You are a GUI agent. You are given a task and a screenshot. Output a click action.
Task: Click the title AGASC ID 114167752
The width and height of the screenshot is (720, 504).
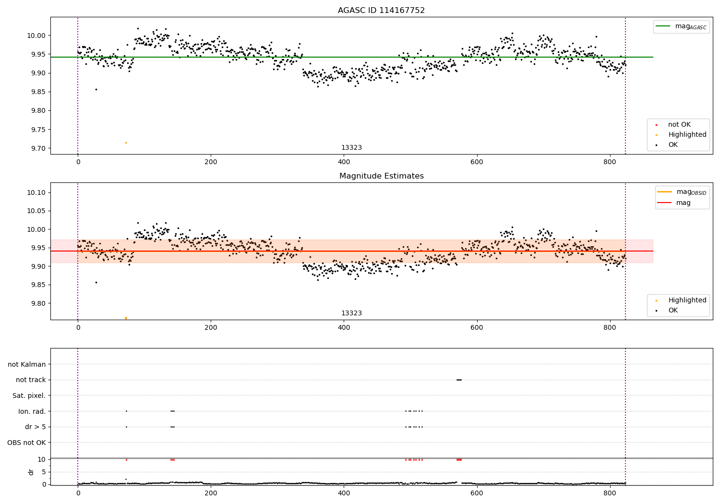coord(381,11)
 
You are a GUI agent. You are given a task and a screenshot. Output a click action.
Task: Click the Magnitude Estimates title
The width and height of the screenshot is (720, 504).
coord(381,176)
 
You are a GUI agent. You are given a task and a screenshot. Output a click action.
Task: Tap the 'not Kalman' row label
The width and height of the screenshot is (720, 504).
coord(27,364)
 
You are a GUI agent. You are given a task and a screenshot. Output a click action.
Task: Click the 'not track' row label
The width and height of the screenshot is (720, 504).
coord(31,380)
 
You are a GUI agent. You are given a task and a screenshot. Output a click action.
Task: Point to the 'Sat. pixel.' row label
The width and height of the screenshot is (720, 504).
coord(29,396)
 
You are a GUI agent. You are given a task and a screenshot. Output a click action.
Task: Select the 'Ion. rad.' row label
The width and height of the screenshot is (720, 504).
coord(32,411)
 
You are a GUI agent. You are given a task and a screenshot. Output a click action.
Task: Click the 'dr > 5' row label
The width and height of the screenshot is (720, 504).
coord(36,427)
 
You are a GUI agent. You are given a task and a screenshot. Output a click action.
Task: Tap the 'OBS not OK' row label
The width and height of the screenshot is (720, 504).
coord(26,443)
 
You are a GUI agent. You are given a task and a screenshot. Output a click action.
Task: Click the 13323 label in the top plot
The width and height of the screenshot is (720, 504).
coord(351,148)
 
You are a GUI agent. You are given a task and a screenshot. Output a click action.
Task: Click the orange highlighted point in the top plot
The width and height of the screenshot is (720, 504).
coord(126,143)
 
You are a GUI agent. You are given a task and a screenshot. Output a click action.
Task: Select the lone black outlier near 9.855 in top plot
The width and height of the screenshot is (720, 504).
coord(96,89)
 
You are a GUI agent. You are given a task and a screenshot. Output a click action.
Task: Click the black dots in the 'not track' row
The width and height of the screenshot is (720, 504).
coord(459,380)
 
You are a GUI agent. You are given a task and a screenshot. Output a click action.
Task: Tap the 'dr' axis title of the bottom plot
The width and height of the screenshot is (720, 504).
coord(31,472)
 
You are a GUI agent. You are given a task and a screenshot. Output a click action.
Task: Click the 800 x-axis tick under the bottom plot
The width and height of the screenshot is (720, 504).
coord(610,492)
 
